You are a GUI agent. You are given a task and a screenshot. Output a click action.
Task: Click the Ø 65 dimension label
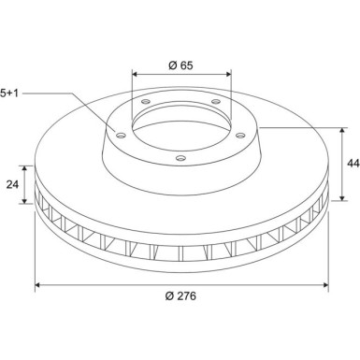point(180,65)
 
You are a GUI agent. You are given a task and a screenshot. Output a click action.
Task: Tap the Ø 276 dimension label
point(180,295)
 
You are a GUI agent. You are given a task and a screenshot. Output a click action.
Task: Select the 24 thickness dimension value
point(12,184)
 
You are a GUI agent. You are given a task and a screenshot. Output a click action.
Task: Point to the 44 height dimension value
point(353,164)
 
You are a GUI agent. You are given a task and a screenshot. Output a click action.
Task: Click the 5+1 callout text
point(9,93)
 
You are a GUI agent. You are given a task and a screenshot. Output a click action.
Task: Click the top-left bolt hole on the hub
point(146,101)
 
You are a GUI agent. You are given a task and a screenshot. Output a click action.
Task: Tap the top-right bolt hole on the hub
point(216,101)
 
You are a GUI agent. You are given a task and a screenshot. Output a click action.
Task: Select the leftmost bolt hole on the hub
point(121,136)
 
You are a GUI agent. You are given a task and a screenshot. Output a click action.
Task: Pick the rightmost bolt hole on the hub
point(240,136)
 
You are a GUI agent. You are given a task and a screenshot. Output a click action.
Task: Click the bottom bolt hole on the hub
point(180,158)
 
